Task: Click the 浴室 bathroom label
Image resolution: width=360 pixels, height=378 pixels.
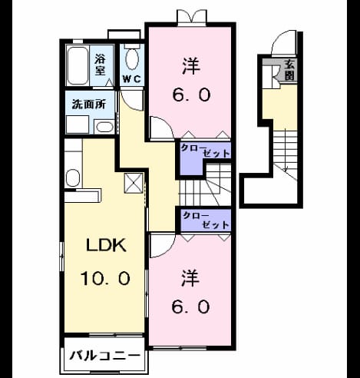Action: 100,65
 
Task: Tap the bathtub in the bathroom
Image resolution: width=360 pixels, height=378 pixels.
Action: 78,65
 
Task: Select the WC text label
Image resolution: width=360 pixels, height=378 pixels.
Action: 132,79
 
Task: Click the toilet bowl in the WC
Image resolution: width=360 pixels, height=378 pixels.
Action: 132,59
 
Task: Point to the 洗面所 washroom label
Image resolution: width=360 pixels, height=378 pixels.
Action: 88,104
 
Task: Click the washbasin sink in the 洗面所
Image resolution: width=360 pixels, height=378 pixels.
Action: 104,127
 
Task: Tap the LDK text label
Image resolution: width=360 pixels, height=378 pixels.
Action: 106,245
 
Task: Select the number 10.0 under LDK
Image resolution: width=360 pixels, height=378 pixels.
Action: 105,278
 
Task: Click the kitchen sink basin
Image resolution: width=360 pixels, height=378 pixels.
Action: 73,178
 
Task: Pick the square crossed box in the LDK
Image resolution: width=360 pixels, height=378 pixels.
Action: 134,183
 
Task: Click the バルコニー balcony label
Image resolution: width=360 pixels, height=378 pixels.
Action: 105,356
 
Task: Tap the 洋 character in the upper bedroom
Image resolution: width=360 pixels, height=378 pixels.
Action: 191,66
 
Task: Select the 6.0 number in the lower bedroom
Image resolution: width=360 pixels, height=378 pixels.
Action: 191,307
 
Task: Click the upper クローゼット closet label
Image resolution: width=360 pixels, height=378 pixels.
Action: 205,151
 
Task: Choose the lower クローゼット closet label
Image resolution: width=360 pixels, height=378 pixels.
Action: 206,220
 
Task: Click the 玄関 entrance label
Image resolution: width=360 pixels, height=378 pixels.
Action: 289,70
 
